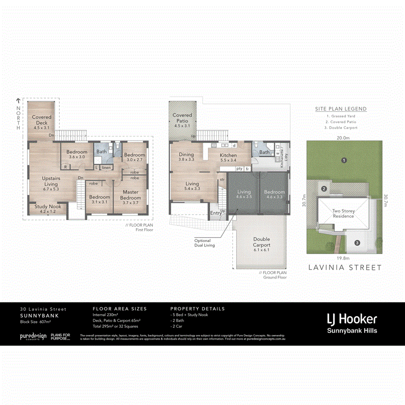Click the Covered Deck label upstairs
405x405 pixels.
click(42, 120)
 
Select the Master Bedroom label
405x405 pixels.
click(130, 195)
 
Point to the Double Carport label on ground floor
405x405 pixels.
click(261, 242)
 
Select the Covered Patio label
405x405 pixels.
click(182, 118)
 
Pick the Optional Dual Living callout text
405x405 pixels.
click(205, 243)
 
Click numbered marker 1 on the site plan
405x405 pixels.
click(344, 160)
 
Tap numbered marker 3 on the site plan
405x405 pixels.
click(357, 243)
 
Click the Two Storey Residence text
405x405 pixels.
click(343, 213)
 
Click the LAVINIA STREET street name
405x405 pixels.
click(345, 268)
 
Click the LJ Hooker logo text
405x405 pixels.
click(351, 319)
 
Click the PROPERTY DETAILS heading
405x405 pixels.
click(197, 309)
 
